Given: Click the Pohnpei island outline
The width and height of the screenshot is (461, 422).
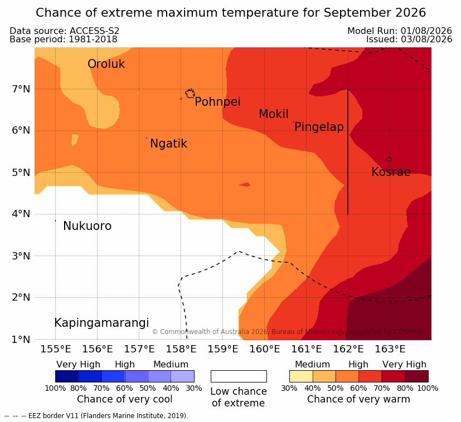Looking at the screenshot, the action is coord(190,90).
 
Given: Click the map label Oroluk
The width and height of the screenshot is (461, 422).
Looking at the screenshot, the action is coord(106,64).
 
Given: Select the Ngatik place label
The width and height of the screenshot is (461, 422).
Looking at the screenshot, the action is coord(168,144).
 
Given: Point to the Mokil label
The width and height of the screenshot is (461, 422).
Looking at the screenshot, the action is coord(274,114).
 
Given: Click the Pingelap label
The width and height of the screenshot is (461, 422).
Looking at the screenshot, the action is coord(319,127).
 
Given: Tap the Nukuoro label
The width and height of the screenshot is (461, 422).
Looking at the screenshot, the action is coord(88,226).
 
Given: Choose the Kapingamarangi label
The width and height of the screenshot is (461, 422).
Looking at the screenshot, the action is coord(101,323).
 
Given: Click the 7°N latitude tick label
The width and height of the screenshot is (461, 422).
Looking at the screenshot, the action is coord(21,89).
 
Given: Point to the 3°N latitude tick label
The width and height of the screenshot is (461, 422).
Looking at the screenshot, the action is coord(21,256).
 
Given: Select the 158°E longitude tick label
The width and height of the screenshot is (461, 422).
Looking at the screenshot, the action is coord(181,349).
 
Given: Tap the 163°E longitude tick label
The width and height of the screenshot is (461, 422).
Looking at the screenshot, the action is coord(390,349).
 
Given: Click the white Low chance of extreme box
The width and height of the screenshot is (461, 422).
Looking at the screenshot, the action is coord(239,376).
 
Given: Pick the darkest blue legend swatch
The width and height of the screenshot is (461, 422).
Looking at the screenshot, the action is coord(67,376).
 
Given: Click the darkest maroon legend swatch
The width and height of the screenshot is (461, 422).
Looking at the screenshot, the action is coord(416,376).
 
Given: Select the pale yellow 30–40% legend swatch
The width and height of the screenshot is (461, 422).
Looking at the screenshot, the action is coord(301,376).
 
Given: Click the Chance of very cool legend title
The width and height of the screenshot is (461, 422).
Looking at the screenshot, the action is coord(125,399).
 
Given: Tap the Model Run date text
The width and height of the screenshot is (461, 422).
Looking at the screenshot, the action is coord(400,31).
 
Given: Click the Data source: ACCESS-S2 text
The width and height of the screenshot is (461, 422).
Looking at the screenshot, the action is coord(65,31).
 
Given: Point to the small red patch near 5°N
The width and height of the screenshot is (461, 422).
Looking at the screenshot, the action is coord(245,184).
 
